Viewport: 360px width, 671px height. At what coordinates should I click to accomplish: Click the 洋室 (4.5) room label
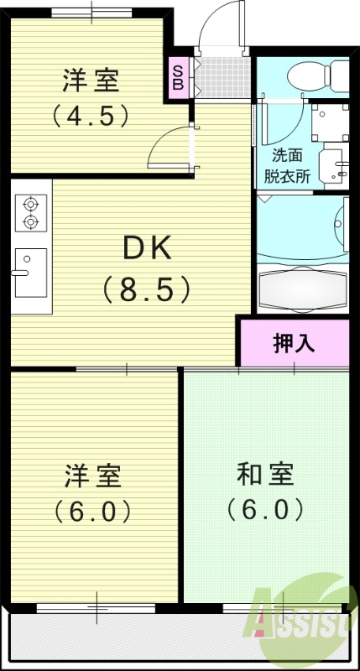pos(90,81)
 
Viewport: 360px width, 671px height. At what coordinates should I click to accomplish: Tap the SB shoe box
pos(178,78)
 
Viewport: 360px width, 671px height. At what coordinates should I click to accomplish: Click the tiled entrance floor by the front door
pos(222,78)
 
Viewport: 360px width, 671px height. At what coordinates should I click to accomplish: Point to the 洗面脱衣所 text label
pos(290,165)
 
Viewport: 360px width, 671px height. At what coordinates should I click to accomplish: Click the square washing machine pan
pos(329,122)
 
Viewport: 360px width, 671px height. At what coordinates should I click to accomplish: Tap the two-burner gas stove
pos(30,212)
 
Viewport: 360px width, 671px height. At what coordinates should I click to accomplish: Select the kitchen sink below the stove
pos(31,273)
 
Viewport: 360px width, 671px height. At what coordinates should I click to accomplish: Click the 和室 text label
pos(264,475)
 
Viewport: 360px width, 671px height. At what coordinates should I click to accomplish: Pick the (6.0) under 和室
pos(264,508)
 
